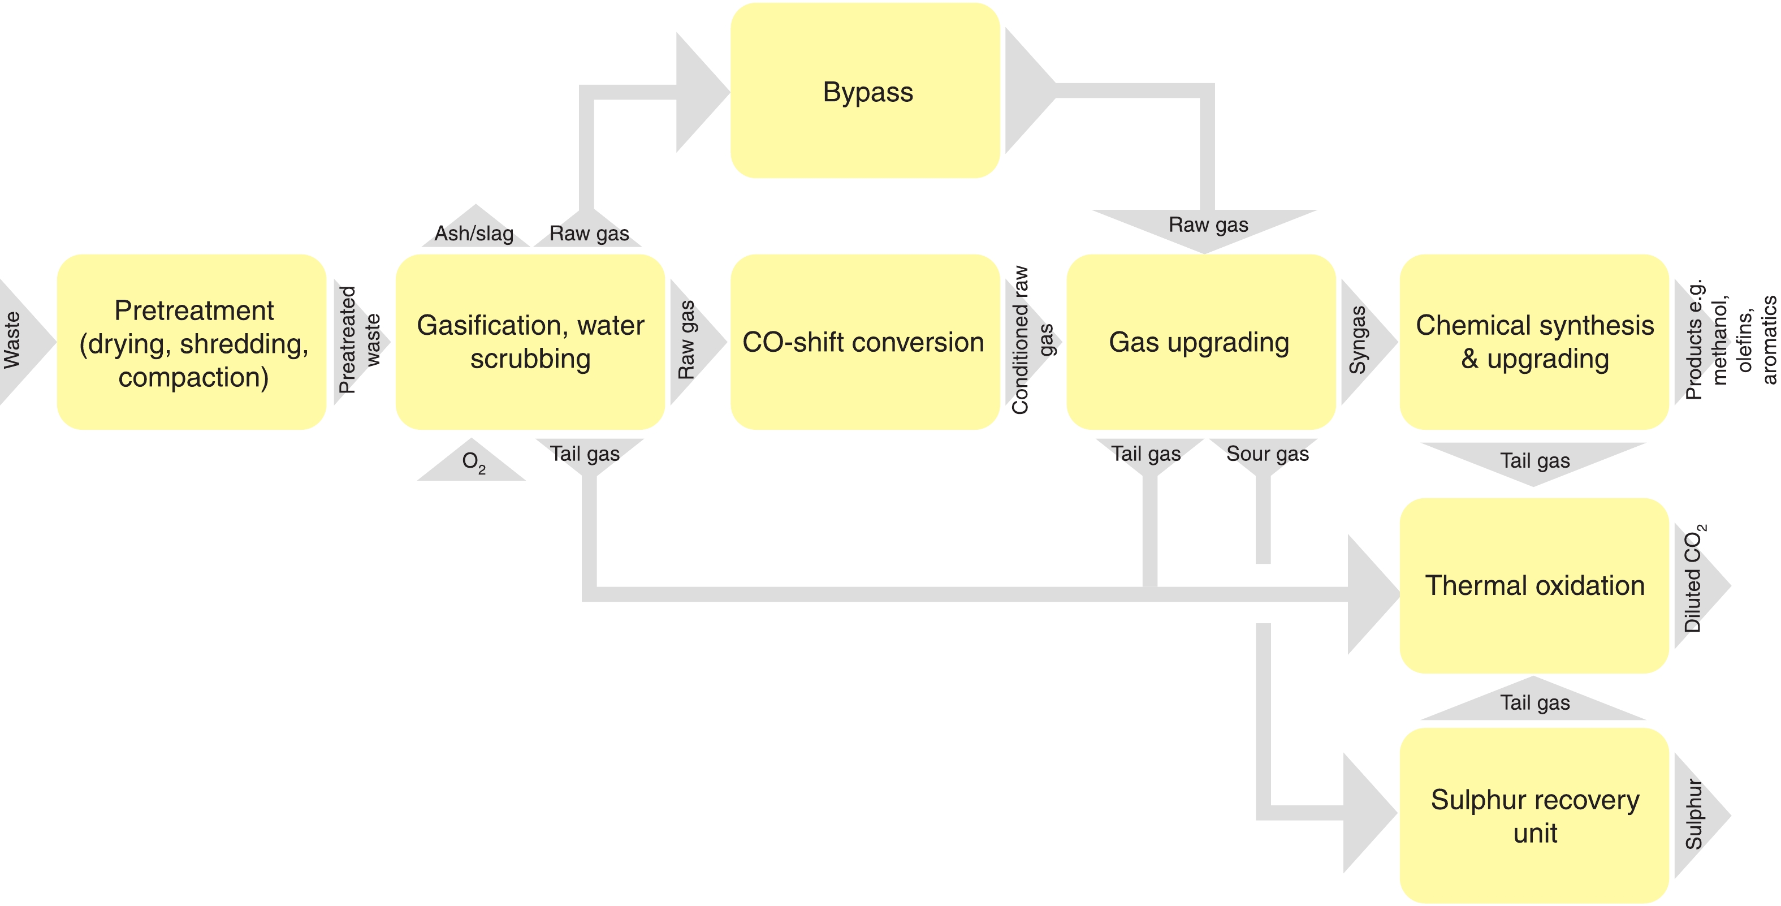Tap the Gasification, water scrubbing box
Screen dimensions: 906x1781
(x=530, y=342)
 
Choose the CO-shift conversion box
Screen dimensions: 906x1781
(x=864, y=342)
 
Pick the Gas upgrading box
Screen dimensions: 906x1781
(x=1200, y=342)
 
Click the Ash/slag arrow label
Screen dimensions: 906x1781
(x=474, y=232)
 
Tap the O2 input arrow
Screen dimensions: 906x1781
(x=473, y=462)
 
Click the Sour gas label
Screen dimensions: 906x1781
(x=1267, y=454)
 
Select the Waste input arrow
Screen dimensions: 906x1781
(x=18, y=340)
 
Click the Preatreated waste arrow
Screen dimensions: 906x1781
(x=358, y=341)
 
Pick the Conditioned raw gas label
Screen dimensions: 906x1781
(x=1030, y=340)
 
